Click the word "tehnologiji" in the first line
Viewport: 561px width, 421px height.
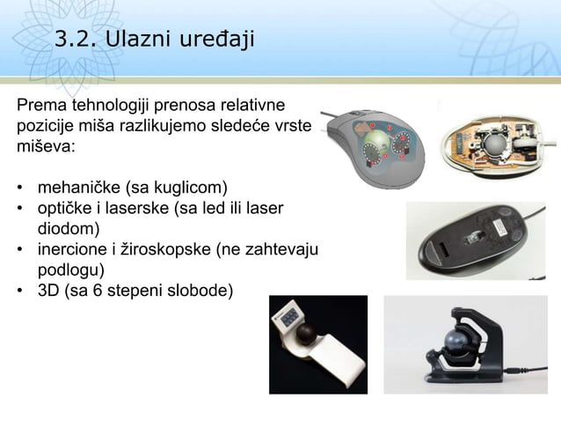[x=109, y=105]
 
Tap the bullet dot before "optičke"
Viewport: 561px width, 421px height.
[x=19, y=208]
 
